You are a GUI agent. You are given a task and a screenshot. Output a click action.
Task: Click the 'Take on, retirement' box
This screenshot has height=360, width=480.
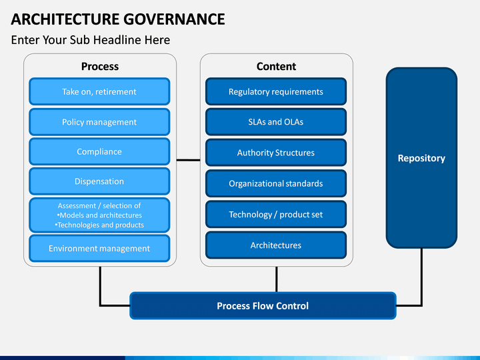click(x=99, y=91)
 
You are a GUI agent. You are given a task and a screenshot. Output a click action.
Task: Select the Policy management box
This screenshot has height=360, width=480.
click(x=99, y=122)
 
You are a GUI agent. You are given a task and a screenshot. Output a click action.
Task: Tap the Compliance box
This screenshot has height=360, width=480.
click(x=99, y=151)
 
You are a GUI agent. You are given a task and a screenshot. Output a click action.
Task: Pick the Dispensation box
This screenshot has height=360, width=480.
click(x=99, y=181)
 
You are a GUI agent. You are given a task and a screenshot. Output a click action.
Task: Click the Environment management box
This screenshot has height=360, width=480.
click(x=99, y=248)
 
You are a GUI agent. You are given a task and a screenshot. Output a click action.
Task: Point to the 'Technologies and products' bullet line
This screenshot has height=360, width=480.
click(x=99, y=225)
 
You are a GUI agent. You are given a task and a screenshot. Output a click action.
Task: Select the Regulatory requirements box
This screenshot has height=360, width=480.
click(x=276, y=91)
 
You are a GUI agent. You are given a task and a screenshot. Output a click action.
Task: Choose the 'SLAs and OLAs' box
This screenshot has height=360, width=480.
click(x=276, y=122)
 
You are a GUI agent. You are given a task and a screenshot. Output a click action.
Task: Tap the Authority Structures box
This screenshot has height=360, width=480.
click(x=276, y=153)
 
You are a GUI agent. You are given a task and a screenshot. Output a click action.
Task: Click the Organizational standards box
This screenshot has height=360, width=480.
click(x=276, y=183)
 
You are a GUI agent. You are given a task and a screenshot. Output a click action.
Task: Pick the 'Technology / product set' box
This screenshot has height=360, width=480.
click(x=276, y=214)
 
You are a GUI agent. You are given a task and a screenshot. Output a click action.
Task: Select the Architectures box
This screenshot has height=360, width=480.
click(x=276, y=245)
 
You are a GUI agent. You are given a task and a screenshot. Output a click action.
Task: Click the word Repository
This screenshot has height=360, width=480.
click(x=421, y=158)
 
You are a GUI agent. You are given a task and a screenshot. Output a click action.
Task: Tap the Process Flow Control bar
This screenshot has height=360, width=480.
click(x=263, y=305)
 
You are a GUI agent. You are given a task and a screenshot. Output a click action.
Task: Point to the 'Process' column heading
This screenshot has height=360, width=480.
click(x=100, y=67)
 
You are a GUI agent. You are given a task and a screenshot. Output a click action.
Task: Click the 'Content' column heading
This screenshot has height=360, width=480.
click(x=276, y=67)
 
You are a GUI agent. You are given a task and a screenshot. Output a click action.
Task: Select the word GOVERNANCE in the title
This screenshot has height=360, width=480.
click(x=174, y=19)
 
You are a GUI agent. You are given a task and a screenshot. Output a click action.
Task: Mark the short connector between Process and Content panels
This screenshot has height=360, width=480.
click(x=188, y=160)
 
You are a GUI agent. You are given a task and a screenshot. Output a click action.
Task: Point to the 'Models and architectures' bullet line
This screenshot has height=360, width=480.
click(x=99, y=215)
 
